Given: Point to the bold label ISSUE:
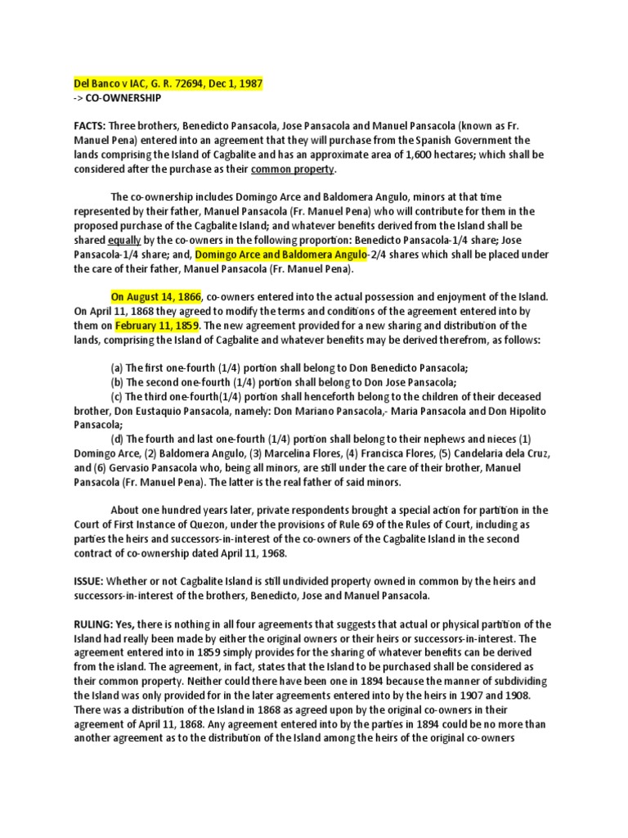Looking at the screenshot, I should point(84,580).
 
